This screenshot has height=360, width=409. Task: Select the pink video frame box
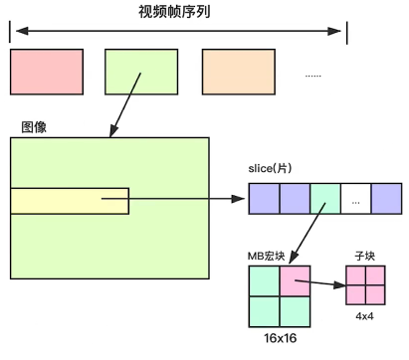click(x=47, y=71)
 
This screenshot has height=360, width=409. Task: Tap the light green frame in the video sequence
click(x=141, y=71)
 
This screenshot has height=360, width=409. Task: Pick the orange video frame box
click(x=238, y=71)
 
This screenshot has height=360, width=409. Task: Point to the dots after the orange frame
click(x=312, y=76)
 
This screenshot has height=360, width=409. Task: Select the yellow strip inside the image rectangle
click(x=70, y=201)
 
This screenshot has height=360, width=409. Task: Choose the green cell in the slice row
click(x=324, y=199)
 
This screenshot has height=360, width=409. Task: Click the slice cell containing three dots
click(x=355, y=199)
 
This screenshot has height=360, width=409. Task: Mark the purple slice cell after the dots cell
click(x=385, y=199)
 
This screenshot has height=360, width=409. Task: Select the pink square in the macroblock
click(x=296, y=281)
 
